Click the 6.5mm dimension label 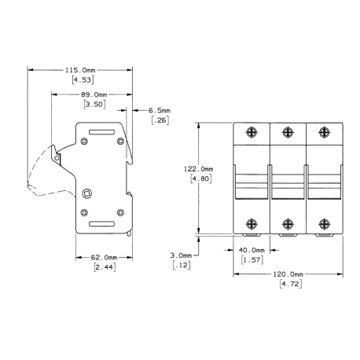point(163,111)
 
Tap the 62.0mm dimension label point(103,258)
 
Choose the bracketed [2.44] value point(102,268)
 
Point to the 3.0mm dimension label point(182,255)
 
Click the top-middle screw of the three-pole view point(288,132)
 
